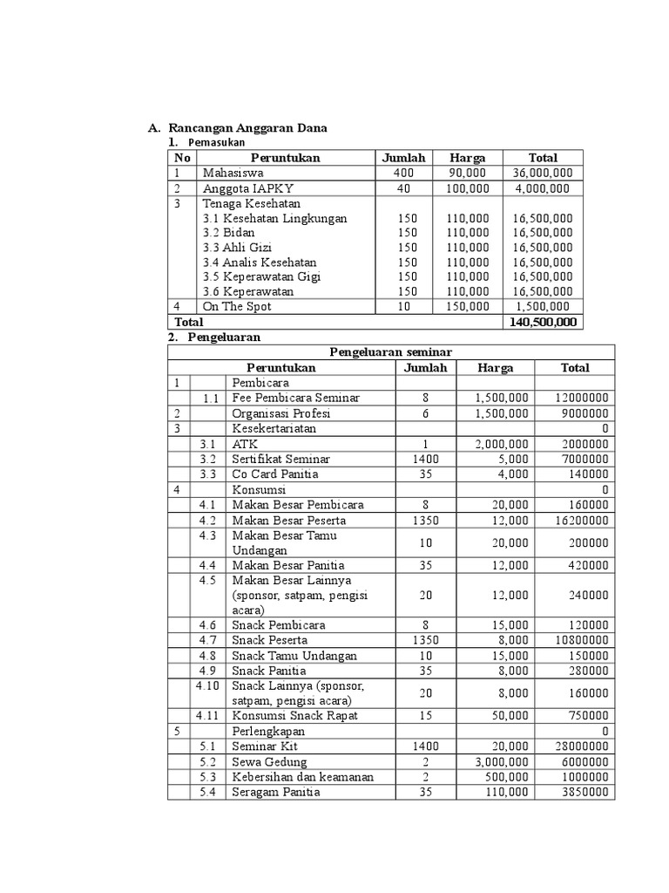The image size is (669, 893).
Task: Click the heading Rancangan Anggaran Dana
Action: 248,128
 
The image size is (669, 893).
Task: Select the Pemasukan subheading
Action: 217,142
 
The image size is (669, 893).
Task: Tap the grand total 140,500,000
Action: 543,322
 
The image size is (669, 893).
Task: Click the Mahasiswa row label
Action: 233,173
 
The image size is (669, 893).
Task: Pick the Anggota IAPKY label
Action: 247,187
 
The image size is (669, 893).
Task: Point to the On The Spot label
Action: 237,306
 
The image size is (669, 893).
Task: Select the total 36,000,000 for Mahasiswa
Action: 543,173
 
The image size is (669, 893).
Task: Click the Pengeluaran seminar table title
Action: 390,352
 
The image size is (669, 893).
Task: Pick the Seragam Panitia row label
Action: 275,792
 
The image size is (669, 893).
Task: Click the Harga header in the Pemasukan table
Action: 467,158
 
